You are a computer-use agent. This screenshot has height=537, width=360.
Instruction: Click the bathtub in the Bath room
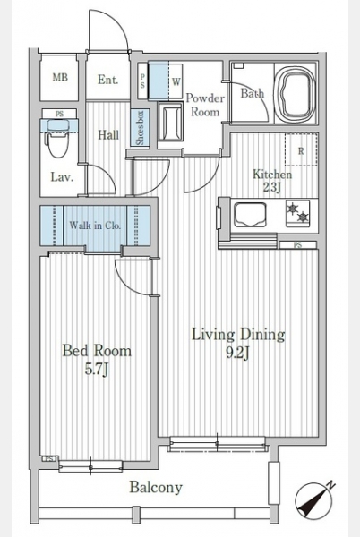296,93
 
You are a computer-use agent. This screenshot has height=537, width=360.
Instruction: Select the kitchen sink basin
250,215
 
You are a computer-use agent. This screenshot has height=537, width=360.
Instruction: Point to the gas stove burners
297,213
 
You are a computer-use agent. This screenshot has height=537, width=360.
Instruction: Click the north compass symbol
315,499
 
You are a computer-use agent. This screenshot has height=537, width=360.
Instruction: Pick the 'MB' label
60,77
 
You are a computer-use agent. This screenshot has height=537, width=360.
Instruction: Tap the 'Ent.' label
107,80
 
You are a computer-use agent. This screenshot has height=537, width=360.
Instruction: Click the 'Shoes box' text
140,128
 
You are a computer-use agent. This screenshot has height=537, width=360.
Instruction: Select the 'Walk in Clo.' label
95,226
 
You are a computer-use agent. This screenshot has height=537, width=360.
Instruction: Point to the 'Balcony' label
156,487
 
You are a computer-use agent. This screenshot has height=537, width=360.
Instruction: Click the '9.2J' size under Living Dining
237,354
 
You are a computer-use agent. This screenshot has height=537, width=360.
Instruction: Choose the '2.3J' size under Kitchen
272,187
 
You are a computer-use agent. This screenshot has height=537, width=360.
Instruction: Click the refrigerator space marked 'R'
301,150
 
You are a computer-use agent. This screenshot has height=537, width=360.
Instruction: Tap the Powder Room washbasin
170,123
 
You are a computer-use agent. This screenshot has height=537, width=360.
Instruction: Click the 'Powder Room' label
205,105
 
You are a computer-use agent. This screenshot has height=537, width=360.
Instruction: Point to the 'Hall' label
108,135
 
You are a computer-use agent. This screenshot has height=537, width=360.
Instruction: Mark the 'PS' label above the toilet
60,114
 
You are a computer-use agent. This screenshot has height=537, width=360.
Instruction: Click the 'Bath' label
253,93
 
